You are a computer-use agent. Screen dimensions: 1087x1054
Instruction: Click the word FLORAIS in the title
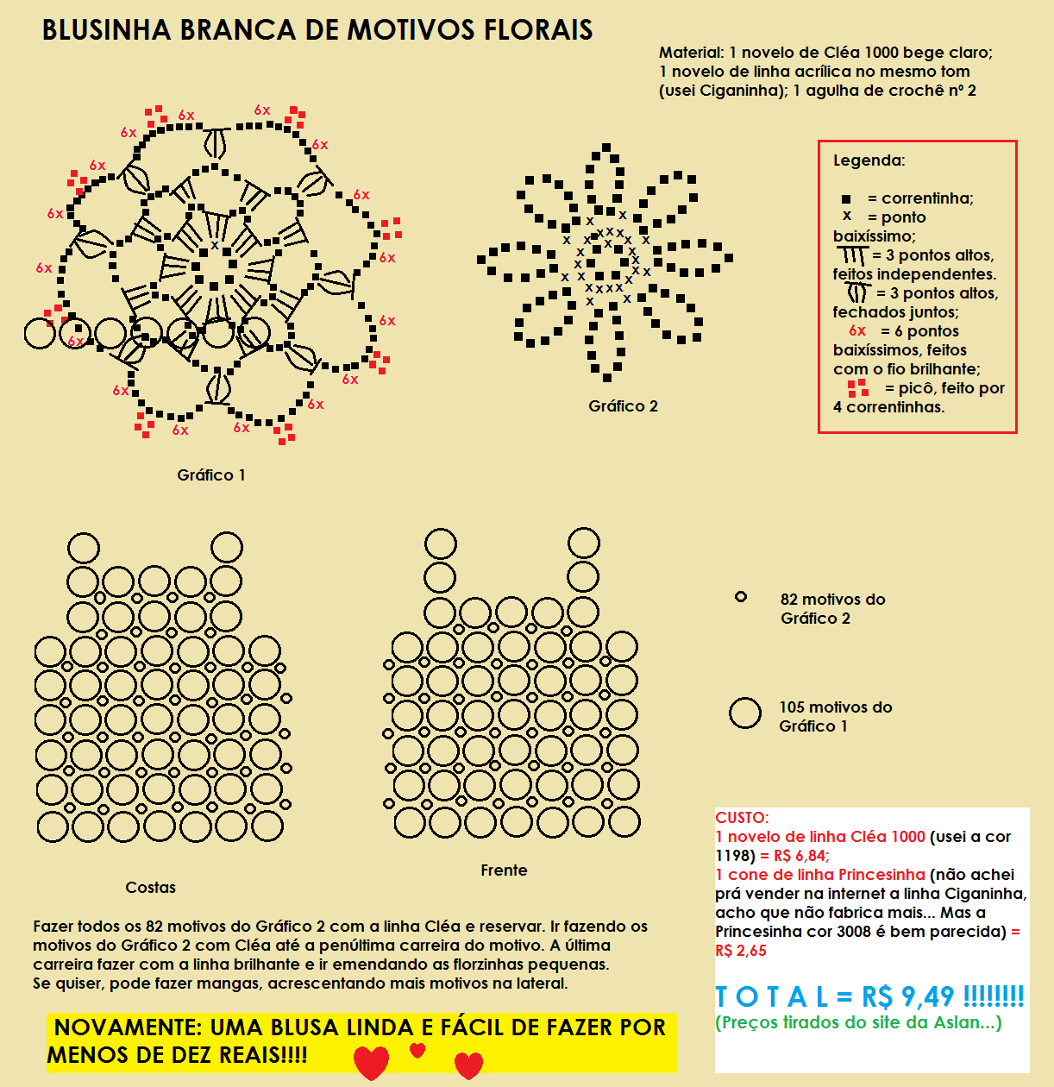tap(537, 30)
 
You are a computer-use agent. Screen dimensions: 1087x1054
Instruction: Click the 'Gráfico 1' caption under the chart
tap(211, 475)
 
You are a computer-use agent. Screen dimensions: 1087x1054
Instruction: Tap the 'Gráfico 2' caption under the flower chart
tap(623, 406)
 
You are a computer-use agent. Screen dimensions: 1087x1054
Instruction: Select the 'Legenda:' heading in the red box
tap(869, 160)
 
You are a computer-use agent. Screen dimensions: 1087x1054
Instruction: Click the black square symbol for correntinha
tap(846, 199)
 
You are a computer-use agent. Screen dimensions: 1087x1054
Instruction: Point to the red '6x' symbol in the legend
tap(856, 331)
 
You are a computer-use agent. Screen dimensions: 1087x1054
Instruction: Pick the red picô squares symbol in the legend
tap(857, 388)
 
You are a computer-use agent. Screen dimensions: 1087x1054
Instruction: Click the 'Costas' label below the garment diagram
tap(150, 888)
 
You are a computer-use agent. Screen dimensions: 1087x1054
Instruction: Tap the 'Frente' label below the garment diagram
tap(504, 870)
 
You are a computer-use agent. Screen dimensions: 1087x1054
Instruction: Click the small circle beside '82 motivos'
tap(740, 597)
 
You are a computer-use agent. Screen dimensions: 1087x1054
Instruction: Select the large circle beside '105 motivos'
tap(745, 713)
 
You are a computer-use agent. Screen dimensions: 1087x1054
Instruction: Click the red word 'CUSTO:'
tap(742, 818)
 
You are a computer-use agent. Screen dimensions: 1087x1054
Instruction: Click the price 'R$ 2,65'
tap(740, 951)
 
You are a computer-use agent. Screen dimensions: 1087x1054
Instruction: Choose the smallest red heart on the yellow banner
tap(417, 1050)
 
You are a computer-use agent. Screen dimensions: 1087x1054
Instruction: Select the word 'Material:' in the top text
tap(691, 53)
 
